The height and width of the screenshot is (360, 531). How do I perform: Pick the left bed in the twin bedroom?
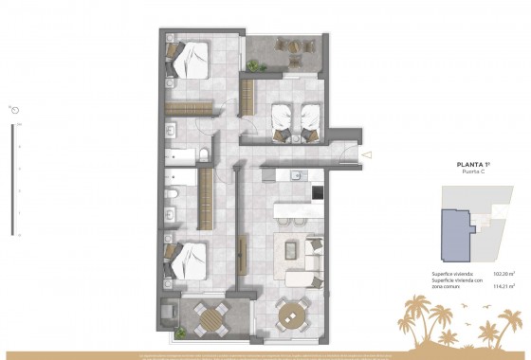(x=283, y=118)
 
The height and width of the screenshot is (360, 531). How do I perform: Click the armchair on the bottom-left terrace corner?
(x=171, y=312)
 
